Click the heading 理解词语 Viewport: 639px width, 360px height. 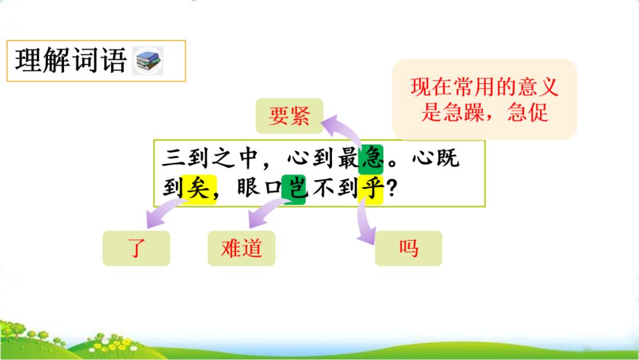pos(70,60)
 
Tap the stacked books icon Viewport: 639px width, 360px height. pos(147,61)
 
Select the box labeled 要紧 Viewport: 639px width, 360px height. pos(289,116)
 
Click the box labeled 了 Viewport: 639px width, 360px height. pos(137,248)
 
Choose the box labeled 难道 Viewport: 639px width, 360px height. pos(241,248)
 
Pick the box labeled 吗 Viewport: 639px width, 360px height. pos(408,248)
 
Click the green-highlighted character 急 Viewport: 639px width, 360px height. pos(372,158)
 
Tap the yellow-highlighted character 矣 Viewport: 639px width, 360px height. pos(199,188)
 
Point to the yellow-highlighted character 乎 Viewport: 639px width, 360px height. pos(370,188)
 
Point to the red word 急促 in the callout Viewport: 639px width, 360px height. pos(528,112)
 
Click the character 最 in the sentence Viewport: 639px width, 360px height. pos(348,158)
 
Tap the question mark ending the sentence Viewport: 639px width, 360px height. pos(391,189)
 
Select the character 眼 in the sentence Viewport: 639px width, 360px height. pos(248,188)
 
